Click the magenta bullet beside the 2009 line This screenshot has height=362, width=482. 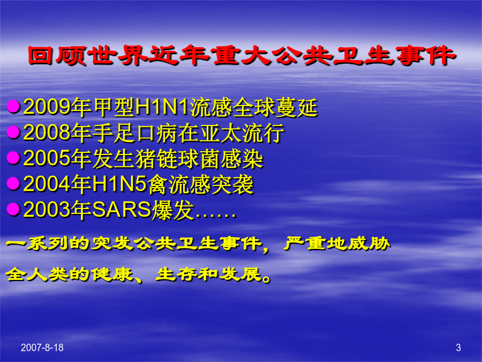tap(13, 107)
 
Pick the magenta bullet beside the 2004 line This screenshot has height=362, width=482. tap(13, 183)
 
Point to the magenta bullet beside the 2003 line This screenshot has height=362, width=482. tap(13, 209)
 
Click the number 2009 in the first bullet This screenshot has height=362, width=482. tap(47, 107)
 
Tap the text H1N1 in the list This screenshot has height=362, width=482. tap(162, 107)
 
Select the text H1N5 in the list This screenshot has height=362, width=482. tap(119, 184)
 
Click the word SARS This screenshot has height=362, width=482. tap(122, 210)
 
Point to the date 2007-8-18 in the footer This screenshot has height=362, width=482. tap(42, 348)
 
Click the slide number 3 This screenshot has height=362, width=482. tap(458, 348)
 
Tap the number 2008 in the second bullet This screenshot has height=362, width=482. tap(47, 133)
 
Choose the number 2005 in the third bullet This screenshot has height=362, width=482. tap(47, 159)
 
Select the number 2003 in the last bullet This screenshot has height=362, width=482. tap(47, 210)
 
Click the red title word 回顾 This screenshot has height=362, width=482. tap(57, 55)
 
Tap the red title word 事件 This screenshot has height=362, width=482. tap(425, 55)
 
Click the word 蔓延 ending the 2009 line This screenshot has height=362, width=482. tap(297, 107)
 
